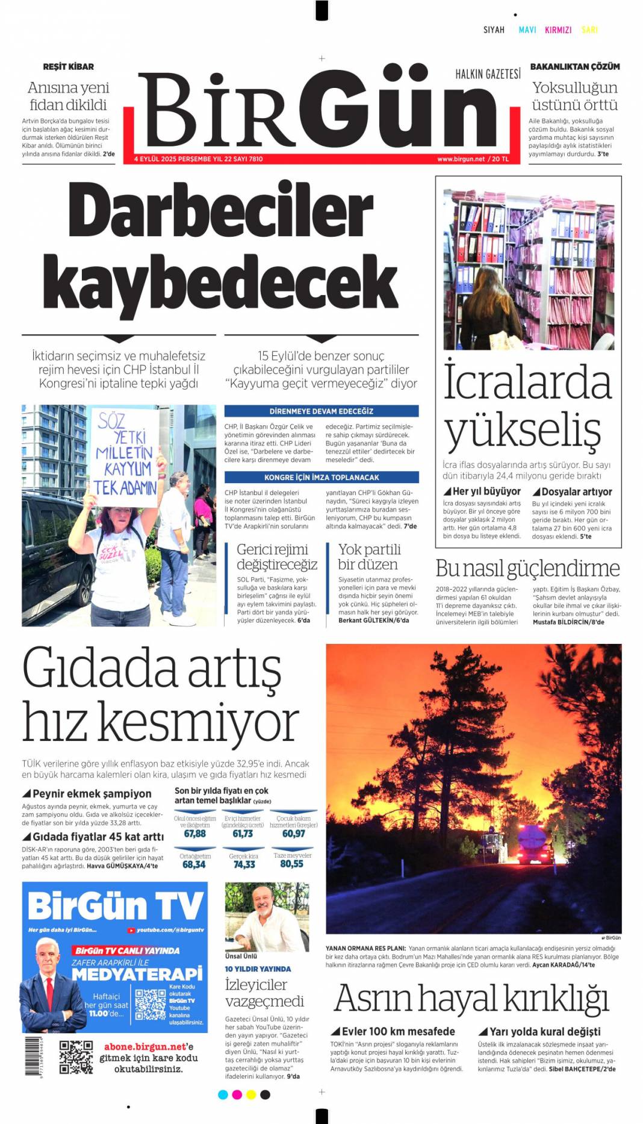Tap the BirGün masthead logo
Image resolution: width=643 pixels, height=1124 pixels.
319,108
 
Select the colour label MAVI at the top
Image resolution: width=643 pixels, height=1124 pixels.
527,30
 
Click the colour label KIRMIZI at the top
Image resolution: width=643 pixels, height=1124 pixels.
558,30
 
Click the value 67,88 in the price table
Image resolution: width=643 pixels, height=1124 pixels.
194,834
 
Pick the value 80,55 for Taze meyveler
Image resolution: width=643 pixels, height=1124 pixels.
292,864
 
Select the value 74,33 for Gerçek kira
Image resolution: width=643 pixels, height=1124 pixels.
244,864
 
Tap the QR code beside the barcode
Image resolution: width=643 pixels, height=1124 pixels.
76,1057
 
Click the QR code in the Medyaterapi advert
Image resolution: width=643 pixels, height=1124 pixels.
150,1004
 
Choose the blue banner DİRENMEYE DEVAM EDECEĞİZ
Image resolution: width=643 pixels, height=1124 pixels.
321,411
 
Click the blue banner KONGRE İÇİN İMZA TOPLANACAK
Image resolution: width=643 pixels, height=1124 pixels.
321,477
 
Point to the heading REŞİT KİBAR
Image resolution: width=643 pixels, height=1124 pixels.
68,66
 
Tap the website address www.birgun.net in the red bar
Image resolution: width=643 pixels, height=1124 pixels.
461,159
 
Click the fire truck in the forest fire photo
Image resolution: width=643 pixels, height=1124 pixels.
535,845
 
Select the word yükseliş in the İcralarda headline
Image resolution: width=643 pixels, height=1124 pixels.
522,430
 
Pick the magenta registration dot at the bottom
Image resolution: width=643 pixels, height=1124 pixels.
237,1094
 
